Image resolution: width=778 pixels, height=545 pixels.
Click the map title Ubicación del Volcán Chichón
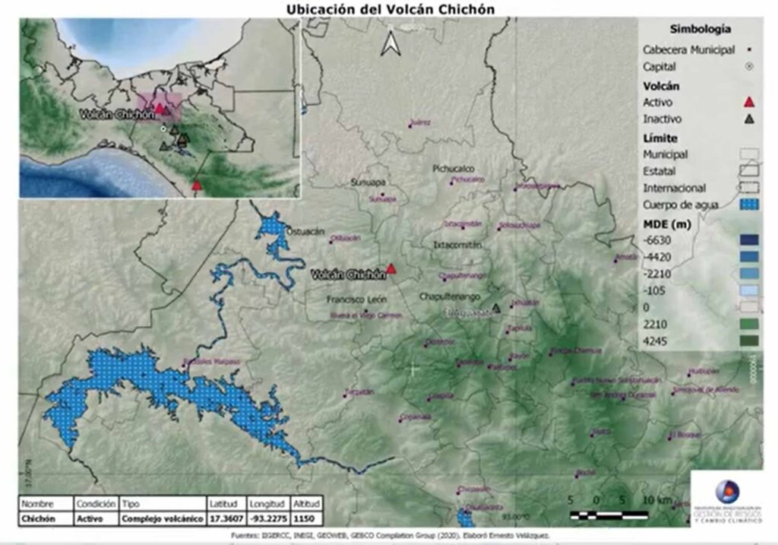[389, 8]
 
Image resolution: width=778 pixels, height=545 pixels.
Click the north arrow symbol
[391, 43]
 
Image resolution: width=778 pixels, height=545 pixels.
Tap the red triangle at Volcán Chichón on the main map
[391, 268]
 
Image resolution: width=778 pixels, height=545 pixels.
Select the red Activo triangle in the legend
[749, 103]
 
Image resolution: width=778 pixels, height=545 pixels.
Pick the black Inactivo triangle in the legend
[749, 119]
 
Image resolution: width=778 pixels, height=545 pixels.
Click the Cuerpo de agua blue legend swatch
[750, 204]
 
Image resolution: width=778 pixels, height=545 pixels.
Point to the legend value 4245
[655, 341]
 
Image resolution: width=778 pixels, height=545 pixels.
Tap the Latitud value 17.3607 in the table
[224, 518]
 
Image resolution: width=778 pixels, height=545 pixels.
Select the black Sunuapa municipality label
[369, 183]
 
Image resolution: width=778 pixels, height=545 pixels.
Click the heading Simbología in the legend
[700, 29]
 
